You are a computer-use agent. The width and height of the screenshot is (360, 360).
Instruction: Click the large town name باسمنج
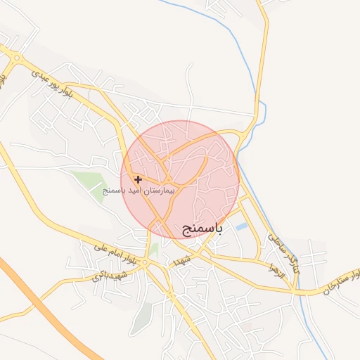click(202, 229)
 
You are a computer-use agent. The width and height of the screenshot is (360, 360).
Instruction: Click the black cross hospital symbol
click(138, 180)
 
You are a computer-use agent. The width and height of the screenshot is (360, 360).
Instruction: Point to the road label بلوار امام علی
click(109, 254)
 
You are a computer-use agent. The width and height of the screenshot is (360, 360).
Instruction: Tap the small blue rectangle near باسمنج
click(241, 227)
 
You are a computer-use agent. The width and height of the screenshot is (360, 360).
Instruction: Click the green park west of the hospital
click(90, 182)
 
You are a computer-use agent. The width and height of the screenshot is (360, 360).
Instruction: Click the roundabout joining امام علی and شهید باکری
click(144, 263)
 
